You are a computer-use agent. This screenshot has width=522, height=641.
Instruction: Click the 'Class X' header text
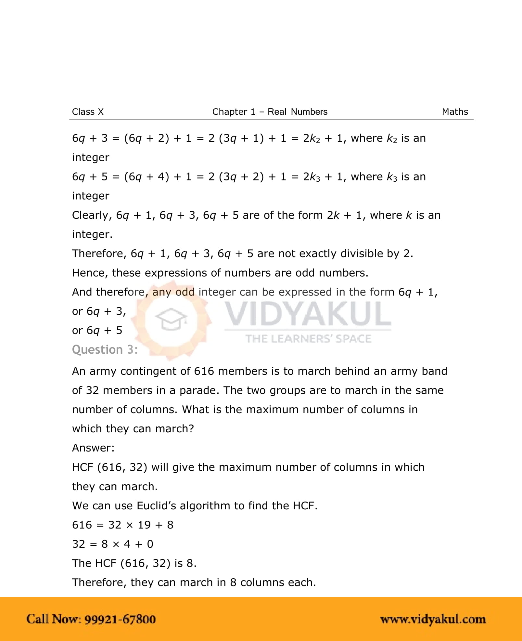tap(88, 112)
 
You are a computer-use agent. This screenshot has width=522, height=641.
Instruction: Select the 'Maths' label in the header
tap(455, 112)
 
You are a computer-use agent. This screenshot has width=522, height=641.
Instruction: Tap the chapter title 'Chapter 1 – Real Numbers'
tap(270, 112)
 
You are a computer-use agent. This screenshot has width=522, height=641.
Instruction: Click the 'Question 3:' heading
tap(105, 350)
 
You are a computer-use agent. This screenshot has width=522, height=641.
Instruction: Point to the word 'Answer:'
tap(93, 448)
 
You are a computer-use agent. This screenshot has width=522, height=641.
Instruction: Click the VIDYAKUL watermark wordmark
tap(308, 314)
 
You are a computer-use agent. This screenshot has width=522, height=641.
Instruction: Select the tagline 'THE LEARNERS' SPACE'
tap(308, 339)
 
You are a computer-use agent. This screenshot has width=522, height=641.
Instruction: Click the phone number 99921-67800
tap(120, 619)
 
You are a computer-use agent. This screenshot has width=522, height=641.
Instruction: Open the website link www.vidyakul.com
tap(433, 619)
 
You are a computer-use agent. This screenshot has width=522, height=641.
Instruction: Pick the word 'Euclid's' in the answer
tap(157, 506)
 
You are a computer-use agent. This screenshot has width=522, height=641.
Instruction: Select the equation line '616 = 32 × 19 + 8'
tap(122, 525)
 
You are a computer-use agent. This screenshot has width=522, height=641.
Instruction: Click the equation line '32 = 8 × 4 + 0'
tap(112, 544)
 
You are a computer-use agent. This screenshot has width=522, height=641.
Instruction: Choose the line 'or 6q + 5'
tap(97, 331)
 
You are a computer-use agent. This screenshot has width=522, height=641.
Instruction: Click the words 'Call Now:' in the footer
tap(54, 619)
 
